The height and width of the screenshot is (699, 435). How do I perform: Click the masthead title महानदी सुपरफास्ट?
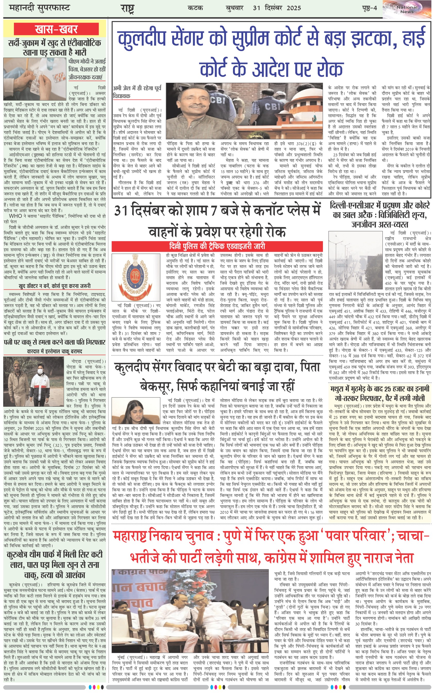coord(39,8)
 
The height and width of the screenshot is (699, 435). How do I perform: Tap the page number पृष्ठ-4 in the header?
coord(369,8)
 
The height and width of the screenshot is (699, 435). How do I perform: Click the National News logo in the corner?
coord(407,9)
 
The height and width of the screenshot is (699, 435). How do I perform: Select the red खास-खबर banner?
coord(56,29)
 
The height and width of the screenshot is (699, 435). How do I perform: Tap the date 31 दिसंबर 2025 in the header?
coord(277,8)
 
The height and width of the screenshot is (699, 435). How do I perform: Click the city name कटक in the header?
coord(195,8)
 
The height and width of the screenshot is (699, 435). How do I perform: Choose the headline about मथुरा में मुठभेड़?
coord(380,394)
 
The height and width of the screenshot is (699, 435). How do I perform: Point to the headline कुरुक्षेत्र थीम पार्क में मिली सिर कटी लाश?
coord(55,564)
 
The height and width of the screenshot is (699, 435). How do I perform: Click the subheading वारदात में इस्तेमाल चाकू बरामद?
coord(55,352)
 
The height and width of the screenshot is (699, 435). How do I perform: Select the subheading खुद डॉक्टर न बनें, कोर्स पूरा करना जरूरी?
coord(55,286)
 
